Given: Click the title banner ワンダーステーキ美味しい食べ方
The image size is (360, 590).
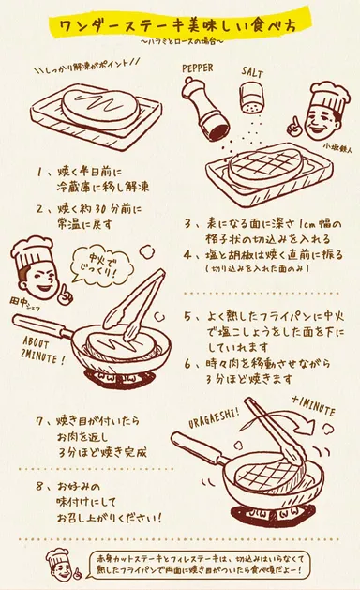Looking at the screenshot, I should coord(181,23).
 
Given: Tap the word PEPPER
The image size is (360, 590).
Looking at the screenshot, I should coord(200,68).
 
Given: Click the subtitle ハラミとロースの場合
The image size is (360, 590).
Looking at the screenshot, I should coord(181,43).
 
